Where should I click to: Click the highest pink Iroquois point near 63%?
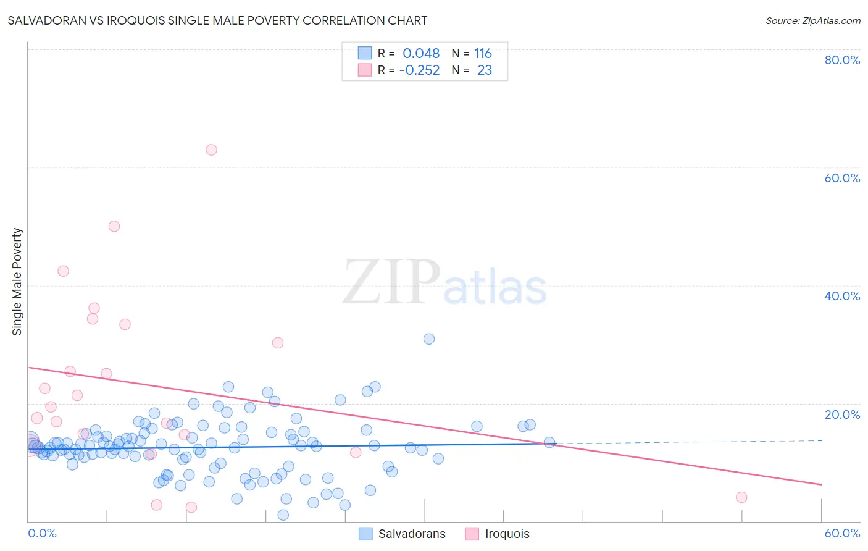tap(211, 149)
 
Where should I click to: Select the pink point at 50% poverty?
tap(114, 226)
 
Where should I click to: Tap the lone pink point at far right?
tap(741, 497)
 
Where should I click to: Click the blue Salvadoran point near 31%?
tap(429, 339)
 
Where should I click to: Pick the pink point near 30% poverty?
tap(278, 343)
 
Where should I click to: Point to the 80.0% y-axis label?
tap(842, 60)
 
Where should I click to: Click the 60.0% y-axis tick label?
tap(842, 178)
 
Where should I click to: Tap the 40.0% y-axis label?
tap(842, 296)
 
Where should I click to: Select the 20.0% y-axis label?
tap(842, 414)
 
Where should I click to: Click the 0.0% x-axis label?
tap(42, 533)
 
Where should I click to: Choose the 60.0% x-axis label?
tap(842, 533)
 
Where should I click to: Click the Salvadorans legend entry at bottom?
tap(402, 534)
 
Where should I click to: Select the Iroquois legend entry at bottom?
tap(498, 534)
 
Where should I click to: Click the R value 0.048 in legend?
tap(421, 54)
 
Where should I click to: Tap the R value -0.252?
tap(420, 70)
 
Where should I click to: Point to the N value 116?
tap(483, 54)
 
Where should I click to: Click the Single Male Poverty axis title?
tap(17, 282)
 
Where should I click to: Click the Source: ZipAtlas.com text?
tap(812, 21)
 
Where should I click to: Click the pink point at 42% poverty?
tap(63, 271)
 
